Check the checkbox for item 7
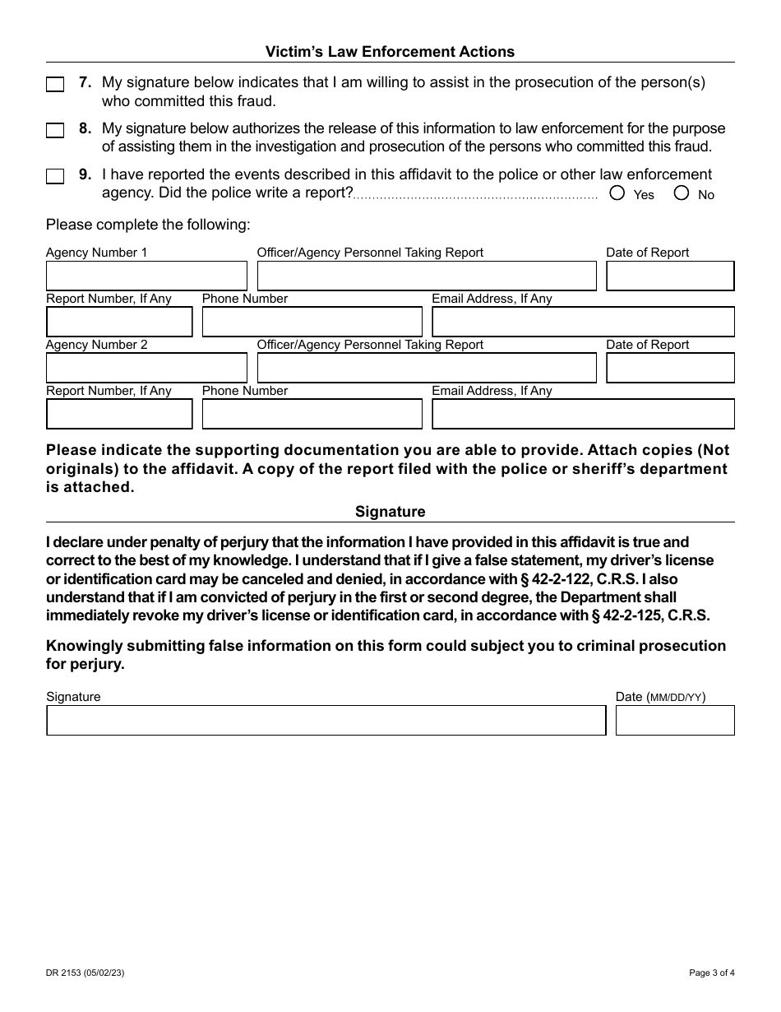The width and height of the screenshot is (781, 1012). point(55,85)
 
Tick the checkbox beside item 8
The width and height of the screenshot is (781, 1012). point(55,131)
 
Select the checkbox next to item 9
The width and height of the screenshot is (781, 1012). point(55,177)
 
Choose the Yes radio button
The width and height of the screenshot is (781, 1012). point(617,193)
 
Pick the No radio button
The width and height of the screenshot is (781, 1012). point(682,193)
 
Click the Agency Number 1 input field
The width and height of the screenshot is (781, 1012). point(146,276)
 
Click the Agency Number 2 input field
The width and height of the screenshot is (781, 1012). point(146,369)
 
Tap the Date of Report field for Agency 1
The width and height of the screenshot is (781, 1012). point(670,276)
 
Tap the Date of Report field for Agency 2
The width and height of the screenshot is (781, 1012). point(670,369)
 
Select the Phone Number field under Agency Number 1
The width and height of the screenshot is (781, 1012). point(312,323)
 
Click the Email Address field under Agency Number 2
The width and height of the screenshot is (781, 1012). point(583,415)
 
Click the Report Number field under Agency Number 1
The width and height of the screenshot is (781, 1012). point(119,323)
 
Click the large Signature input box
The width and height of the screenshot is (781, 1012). point(326,721)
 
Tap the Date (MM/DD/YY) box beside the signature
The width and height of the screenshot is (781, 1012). point(675,721)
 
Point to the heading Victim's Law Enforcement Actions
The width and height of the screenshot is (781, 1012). point(390,52)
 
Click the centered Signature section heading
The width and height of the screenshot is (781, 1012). point(390,512)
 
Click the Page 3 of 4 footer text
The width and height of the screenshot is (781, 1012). point(711,973)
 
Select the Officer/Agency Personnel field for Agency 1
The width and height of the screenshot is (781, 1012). point(427,276)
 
